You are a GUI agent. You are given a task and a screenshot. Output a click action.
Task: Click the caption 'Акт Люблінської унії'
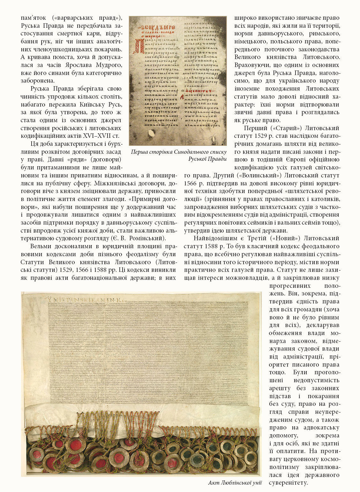point(235,483)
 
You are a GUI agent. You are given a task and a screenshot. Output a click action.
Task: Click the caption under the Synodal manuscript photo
point(179,155)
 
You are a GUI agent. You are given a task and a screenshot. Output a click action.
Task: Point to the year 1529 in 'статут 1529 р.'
point(261,136)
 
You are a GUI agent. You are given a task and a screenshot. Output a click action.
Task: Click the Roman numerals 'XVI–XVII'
point(96,136)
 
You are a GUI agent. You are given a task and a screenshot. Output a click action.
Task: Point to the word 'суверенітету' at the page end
point(288,483)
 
